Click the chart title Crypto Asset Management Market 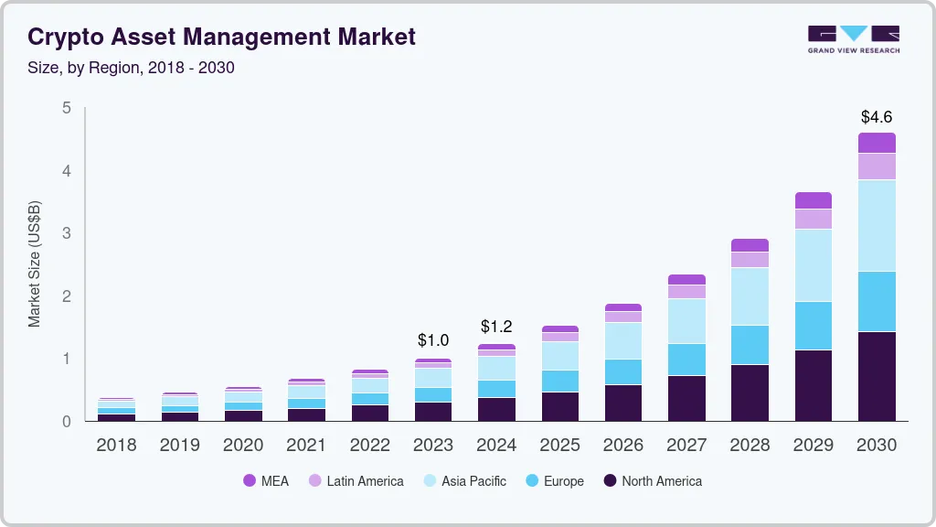pos(221,37)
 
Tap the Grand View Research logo pos(853,38)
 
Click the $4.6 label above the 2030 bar pos(877,117)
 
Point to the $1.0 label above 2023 pos(433,340)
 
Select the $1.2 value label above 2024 pos(496,327)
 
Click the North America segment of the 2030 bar pos(877,376)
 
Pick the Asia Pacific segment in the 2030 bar pos(877,225)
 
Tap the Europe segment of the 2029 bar pos(814,326)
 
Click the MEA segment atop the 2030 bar pos(877,143)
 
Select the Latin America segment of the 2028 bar pos(750,260)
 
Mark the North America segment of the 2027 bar pos(686,398)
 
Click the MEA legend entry pos(266,481)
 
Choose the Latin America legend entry pos(356,481)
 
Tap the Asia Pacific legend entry pos(464,481)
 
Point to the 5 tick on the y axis pos(66,108)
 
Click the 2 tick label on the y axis pos(66,296)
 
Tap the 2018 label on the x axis pos(116,445)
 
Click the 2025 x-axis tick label pos(559,445)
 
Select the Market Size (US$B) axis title pos(35,263)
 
